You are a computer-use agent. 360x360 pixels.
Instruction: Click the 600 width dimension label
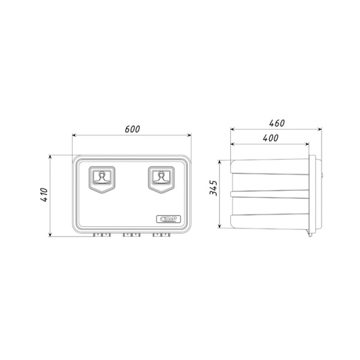[133, 128]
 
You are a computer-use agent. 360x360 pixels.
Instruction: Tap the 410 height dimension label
[43, 196]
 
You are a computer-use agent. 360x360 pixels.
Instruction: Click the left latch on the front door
[103, 179]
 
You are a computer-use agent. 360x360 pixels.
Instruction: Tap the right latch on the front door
[161, 179]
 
